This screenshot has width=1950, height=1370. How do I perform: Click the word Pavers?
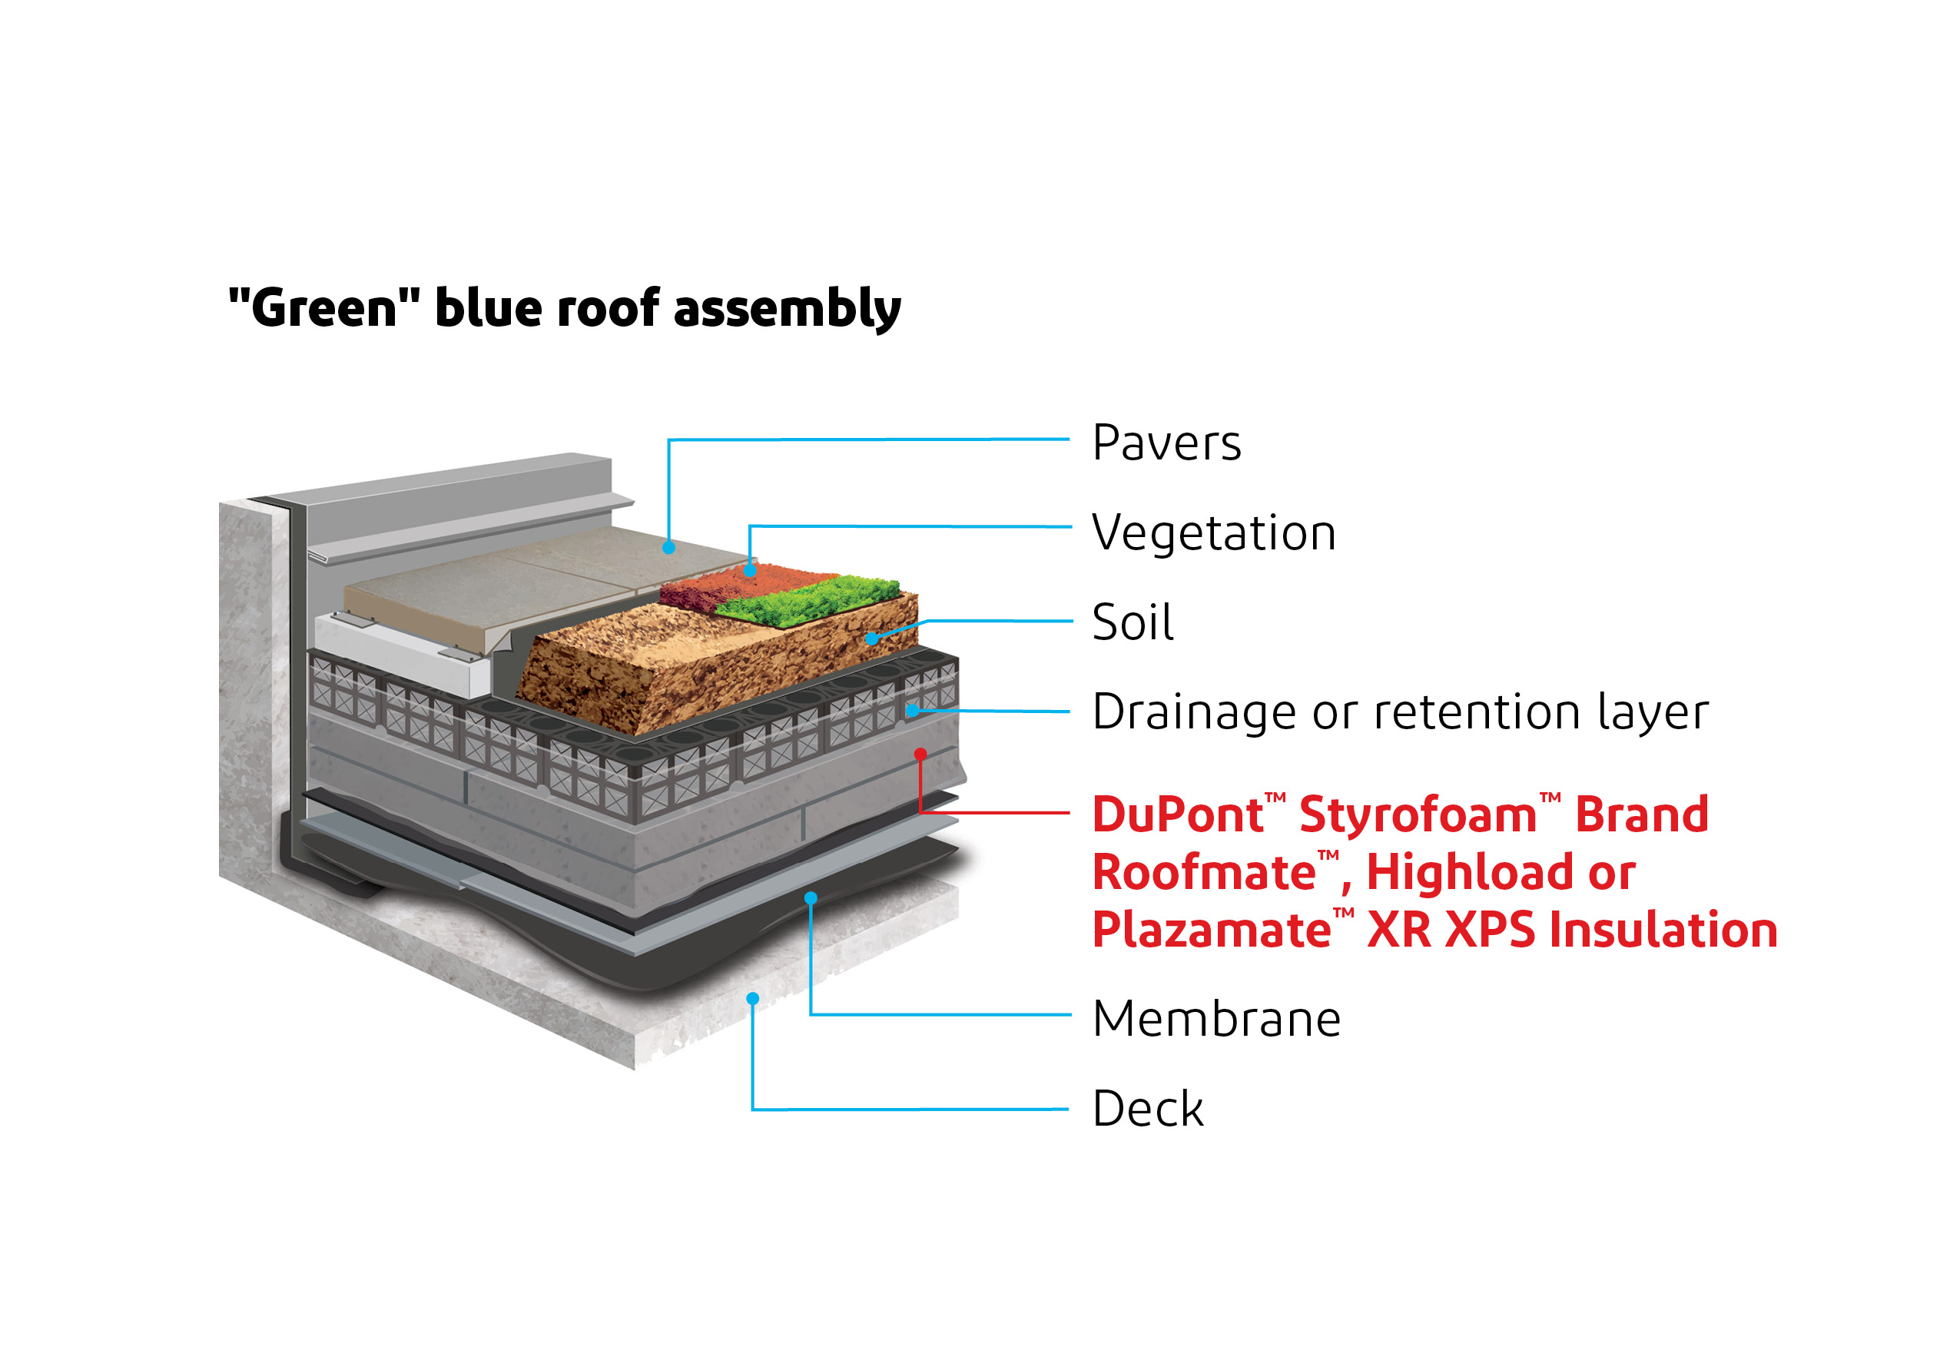tap(1166, 443)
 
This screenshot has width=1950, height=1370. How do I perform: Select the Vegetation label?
tap(1214, 533)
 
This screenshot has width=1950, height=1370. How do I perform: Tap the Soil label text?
tap(1132, 622)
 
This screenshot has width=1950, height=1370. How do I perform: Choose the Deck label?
tap(1147, 1109)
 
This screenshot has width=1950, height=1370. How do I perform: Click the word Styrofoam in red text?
tap(1418, 814)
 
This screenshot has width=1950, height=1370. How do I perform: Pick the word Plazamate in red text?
tap(1211, 929)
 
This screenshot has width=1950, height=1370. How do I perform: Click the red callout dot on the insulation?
tap(920, 753)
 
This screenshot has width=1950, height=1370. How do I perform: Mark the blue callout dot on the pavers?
tap(668, 548)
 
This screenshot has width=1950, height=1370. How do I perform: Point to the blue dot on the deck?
tap(752, 999)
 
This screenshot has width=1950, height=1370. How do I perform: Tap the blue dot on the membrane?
tap(811, 897)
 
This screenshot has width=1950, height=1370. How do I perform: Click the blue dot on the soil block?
tap(871, 639)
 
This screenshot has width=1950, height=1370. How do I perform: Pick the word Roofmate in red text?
tap(1204, 872)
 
